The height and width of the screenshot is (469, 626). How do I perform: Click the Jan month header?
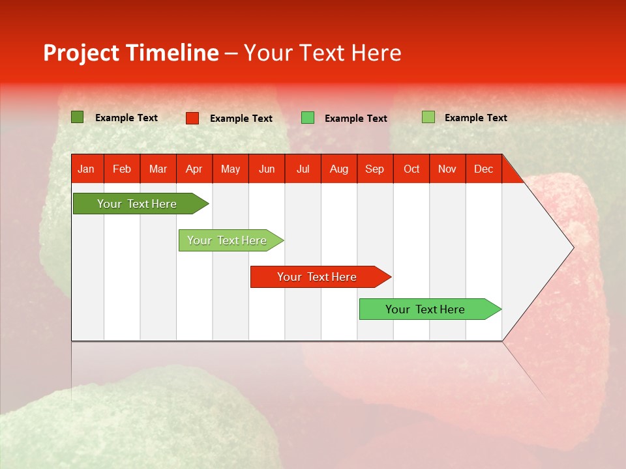pyautogui.click(x=86, y=169)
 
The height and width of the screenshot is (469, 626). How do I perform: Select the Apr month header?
pyautogui.click(x=194, y=169)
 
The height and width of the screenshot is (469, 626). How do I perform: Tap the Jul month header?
pyautogui.click(x=303, y=169)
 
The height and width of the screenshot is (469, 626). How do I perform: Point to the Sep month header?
pyautogui.click(x=374, y=169)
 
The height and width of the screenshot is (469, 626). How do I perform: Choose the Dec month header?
pyautogui.click(x=483, y=169)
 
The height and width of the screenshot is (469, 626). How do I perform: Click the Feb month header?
pyautogui.click(x=122, y=169)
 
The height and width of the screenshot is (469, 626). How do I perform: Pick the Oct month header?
pyautogui.click(x=411, y=169)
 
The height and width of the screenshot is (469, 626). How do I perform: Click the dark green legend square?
pyautogui.click(x=78, y=117)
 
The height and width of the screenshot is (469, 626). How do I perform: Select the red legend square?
pyautogui.click(x=192, y=118)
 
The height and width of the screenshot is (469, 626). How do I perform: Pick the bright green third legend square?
pyautogui.click(x=308, y=118)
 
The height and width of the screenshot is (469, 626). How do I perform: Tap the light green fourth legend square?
pyautogui.click(x=428, y=117)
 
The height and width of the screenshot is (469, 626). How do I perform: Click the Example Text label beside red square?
pyautogui.click(x=241, y=119)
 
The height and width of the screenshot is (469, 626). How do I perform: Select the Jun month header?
pyautogui.click(x=267, y=169)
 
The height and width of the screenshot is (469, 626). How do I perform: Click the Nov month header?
pyautogui.click(x=447, y=169)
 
